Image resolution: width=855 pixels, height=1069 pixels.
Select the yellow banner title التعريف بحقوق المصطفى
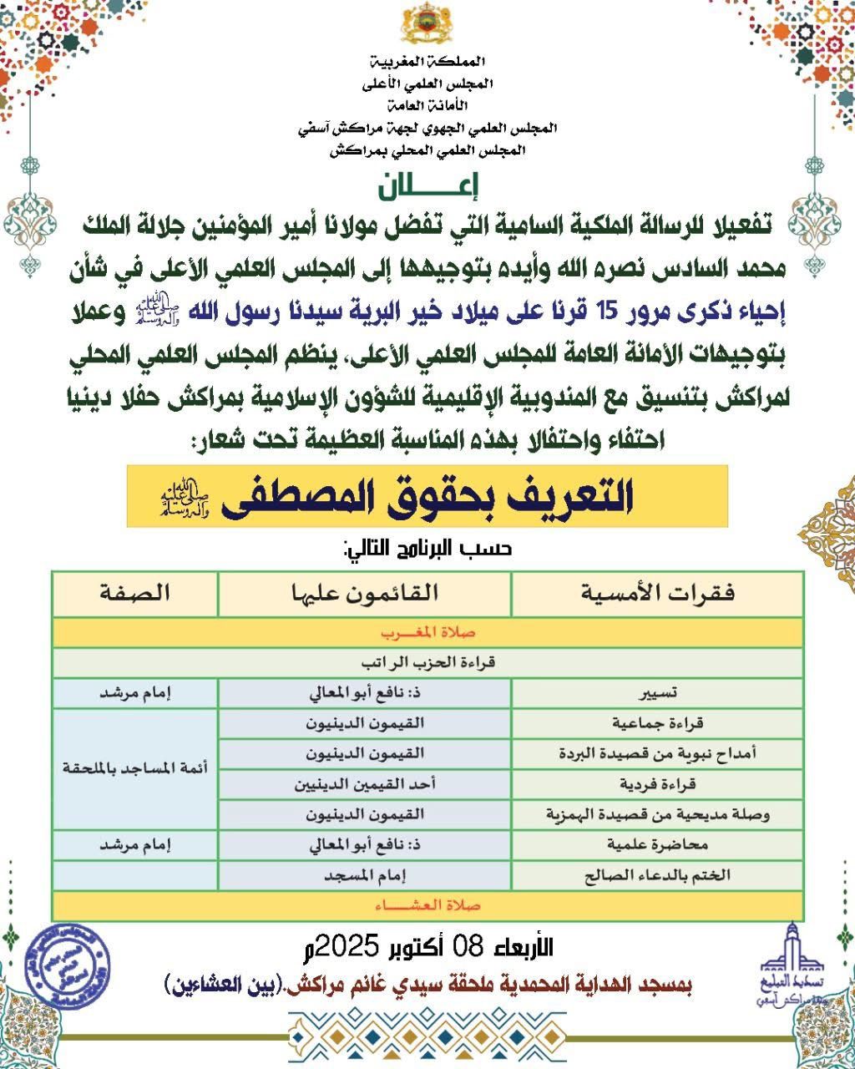(427, 496)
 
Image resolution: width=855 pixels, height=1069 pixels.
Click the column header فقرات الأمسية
(657, 594)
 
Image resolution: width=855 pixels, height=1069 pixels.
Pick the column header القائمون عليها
(364, 594)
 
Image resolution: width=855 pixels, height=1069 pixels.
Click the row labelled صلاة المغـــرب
(427, 632)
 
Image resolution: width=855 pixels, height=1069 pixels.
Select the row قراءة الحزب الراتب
(427, 663)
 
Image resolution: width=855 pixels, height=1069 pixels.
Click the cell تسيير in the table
(657, 693)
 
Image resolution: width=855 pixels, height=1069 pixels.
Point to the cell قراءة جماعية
(657, 723)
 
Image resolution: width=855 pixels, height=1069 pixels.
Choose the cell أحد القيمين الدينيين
(364, 784)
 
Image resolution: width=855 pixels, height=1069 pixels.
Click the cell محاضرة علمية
(657, 844)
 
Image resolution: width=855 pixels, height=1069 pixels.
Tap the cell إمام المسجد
(364, 874)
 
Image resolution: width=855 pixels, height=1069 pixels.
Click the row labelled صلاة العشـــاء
(427, 905)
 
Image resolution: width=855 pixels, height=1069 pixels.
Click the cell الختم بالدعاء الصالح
(657, 874)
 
